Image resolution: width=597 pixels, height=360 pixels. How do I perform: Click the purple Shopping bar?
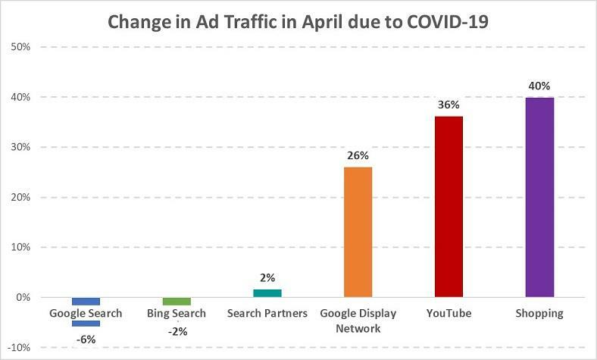(539, 197)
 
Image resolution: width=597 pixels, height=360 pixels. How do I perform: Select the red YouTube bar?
(449, 207)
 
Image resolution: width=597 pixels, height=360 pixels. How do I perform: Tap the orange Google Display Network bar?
(358, 232)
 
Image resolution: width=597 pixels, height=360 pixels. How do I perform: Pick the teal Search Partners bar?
(267, 293)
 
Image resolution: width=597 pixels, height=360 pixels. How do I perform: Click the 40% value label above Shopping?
(539, 85)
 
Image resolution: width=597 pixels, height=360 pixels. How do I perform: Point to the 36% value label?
(449, 105)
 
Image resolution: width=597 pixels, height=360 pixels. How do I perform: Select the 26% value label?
(358, 155)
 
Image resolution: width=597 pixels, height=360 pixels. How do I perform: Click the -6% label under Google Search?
(86, 339)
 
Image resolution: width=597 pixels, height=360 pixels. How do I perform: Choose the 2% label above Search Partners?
(267, 277)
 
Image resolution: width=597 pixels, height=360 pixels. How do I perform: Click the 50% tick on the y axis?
(20, 47)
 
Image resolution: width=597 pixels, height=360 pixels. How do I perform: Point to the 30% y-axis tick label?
(20, 147)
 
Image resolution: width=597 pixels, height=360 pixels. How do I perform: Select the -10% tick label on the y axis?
(18, 348)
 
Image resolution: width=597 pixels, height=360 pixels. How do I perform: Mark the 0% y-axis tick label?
(23, 298)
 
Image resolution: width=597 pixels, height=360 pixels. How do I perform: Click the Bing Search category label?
(177, 314)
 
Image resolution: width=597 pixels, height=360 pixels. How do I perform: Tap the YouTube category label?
(449, 314)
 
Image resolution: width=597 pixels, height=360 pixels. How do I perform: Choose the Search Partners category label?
(267, 314)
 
